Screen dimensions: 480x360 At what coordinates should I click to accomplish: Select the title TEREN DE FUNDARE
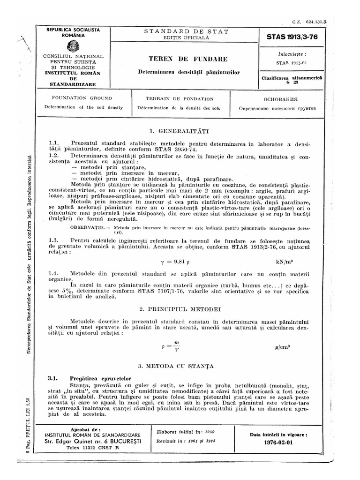[188, 59]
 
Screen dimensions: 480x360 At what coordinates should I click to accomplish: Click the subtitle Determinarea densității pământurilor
[188, 72]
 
